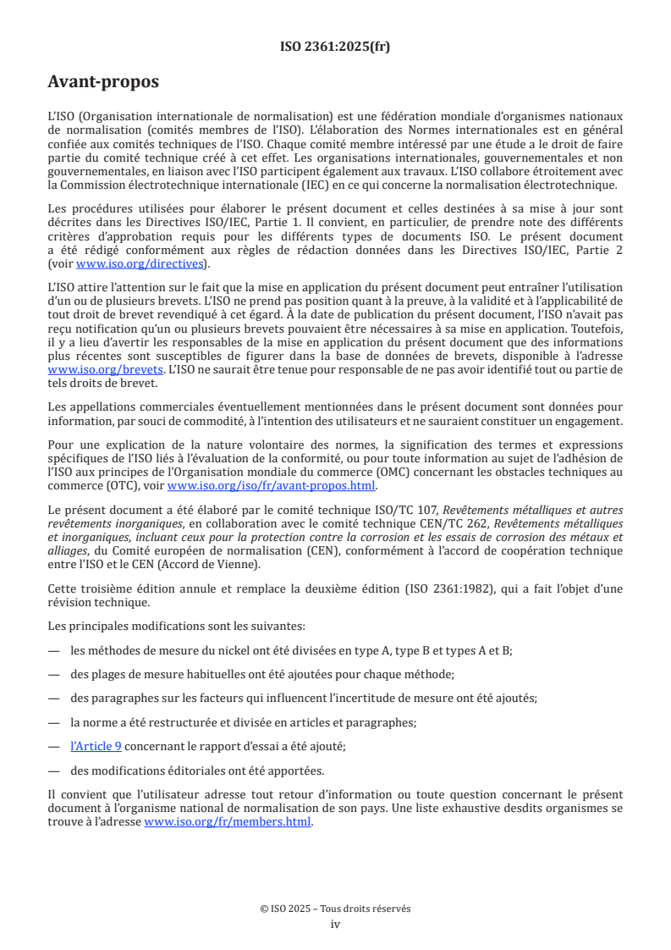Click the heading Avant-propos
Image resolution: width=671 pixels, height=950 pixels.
(x=103, y=82)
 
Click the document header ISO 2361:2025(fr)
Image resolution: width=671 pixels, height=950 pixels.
(x=335, y=47)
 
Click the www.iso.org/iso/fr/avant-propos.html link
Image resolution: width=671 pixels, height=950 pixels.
(x=272, y=485)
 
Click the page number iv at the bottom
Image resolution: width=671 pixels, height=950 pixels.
(x=335, y=924)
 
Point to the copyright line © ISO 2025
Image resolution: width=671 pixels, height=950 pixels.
(x=335, y=909)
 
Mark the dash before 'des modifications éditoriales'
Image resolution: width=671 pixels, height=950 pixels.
(x=54, y=770)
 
